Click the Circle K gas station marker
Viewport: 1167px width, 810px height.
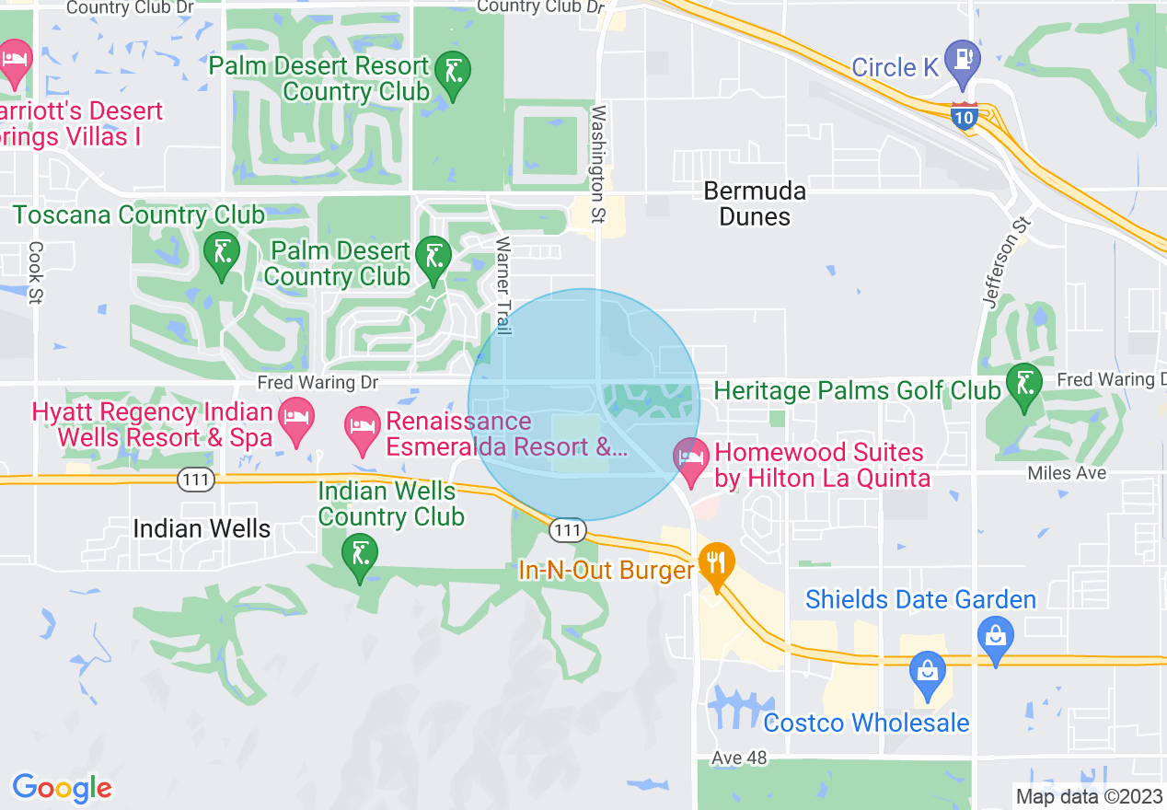pyautogui.click(x=964, y=59)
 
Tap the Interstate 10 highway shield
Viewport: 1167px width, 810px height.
pyautogui.click(x=964, y=118)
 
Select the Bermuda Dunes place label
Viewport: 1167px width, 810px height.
pyautogui.click(x=755, y=203)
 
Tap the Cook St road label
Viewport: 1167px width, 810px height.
pyautogui.click(x=36, y=272)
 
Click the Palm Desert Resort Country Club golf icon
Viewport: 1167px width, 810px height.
pyautogui.click(x=453, y=70)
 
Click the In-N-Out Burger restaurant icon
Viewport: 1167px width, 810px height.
pyautogui.click(x=715, y=561)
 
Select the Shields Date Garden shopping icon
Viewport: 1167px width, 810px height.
pyautogui.click(x=995, y=634)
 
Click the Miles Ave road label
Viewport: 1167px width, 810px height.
pyautogui.click(x=1068, y=472)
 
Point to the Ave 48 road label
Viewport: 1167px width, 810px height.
pyautogui.click(x=738, y=758)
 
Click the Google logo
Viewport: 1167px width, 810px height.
pyautogui.click(x=62, y=789)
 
